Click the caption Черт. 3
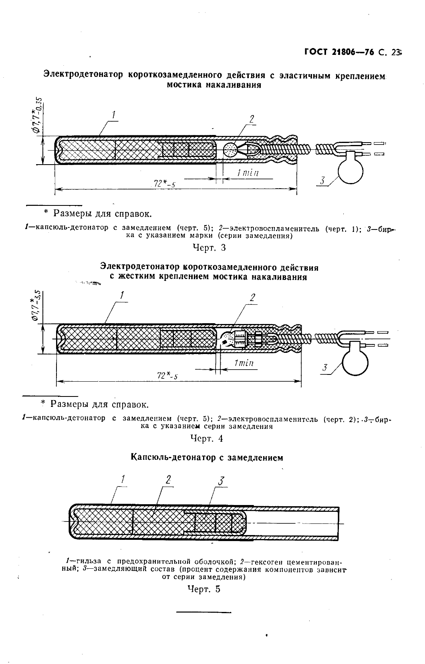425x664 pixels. [x=209, y=247]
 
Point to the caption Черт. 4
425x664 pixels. [x=207, y=439]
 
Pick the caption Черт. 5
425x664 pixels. [x=204, y=589]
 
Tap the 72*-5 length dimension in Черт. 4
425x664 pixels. [x=167, y=375]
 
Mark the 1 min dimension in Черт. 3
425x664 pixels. [x=247, y=173]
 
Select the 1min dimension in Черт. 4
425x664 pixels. [x=243, y=363]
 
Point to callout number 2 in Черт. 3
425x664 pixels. [x=252, y=119]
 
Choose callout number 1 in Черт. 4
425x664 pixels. [x=122, y=296]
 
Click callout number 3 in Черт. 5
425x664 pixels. [x=221, y=481]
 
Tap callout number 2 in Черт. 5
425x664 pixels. [x=168, y=479]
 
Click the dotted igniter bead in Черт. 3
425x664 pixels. [x=230, y=150]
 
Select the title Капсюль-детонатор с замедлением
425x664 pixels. [x=207, y=457]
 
